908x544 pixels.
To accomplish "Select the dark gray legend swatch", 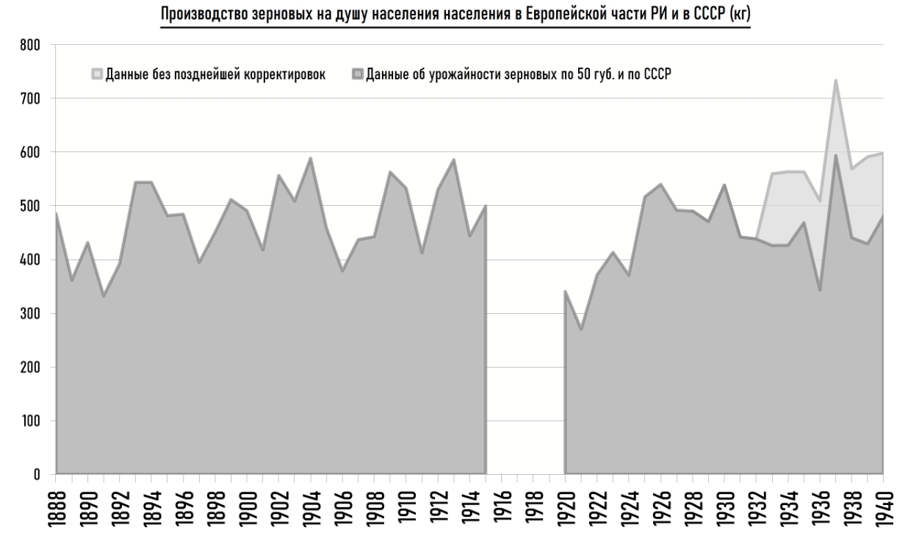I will pyautogui.click(x=358, y=74).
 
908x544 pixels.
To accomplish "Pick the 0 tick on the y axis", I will pyautogui.click(x=35, y=474).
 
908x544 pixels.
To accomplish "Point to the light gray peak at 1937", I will pyautogui.click(x=835, y=80).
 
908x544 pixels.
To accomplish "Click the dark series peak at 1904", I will pyautogui.click(x=311, y=158).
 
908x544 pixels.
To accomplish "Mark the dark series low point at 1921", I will pyautogui.click(x=581, y=329).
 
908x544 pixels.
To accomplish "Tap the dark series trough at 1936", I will pyautogui.click(x=819, y=290).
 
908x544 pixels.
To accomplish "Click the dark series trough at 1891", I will pyautogui.click(x=104, y=296).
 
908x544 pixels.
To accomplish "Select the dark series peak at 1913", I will pyautogui.click(x=454, y=160).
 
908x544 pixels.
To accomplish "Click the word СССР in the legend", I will pyautogui.click(x=653, y=74).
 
